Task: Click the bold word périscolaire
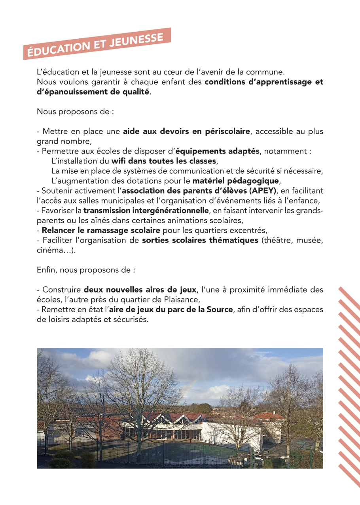(x=227, y=131)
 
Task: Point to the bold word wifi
(x=119, y=161)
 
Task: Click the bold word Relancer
(x=59, y=230)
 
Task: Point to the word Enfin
(x=46, y=270)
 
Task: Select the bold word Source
(x=220, y=309)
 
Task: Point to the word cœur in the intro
(x=185, y=72)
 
